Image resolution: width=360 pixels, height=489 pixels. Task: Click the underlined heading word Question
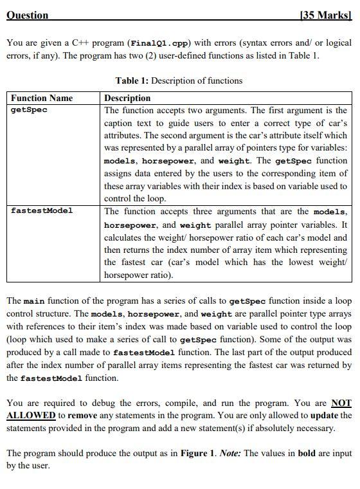pyautogui.click(x=27, y=15)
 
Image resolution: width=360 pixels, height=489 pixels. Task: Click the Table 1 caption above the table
pyautogui.click(x=179, y=80)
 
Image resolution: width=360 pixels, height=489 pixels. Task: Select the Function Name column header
pyautogui.click(x=42, y=98)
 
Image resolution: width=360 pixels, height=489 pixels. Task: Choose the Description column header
pyautogui.click(x=127, y=98)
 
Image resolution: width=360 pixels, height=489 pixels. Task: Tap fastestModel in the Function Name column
pyautogui.click(x=42, y=210)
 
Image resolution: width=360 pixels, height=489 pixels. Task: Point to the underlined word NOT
pyautogui.click(x=341, y=403)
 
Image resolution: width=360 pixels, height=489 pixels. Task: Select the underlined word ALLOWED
pyautogui.click(x=30, y=416)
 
